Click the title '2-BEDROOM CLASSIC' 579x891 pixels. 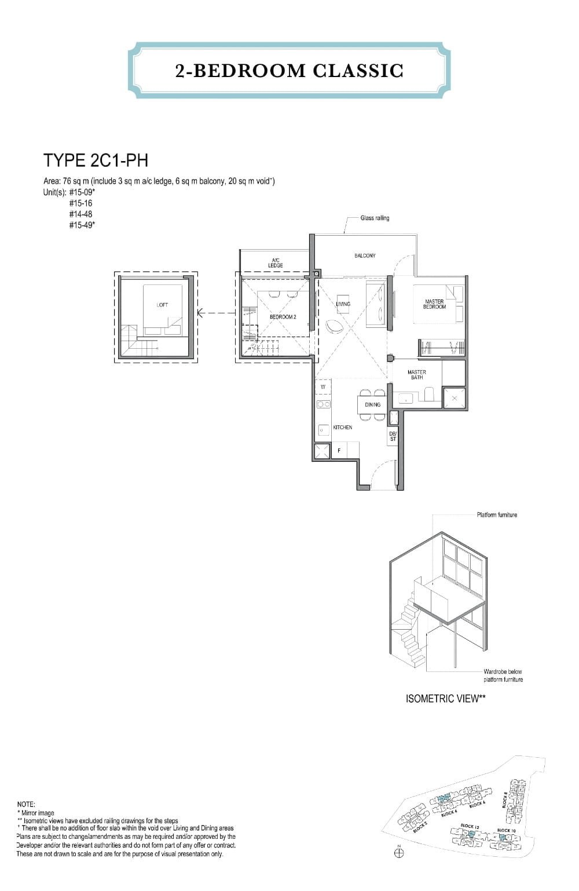(289, 71)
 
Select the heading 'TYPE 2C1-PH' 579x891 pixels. (96, 160)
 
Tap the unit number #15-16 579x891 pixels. (80, 203)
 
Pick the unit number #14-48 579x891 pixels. (80, 214)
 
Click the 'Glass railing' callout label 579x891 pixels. (375, 218)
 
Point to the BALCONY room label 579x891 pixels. (365, 255)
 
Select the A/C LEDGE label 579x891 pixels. (275, 263)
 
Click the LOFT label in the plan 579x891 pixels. (162, 305)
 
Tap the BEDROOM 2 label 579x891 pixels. (283, 317)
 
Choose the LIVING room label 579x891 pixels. (343, 304)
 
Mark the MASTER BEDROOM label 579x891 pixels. (434, 304)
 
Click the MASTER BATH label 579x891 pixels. (416, 375)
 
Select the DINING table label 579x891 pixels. (373, 404)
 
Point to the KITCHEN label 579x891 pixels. (342, 428)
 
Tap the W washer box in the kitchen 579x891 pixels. (323, 387)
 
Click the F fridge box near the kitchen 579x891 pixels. (339, 450)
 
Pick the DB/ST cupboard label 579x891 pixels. (393, 437)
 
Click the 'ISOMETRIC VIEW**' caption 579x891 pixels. (445, 699)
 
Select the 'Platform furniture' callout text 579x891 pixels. (497, 515)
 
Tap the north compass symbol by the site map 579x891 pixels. (398, 853)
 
